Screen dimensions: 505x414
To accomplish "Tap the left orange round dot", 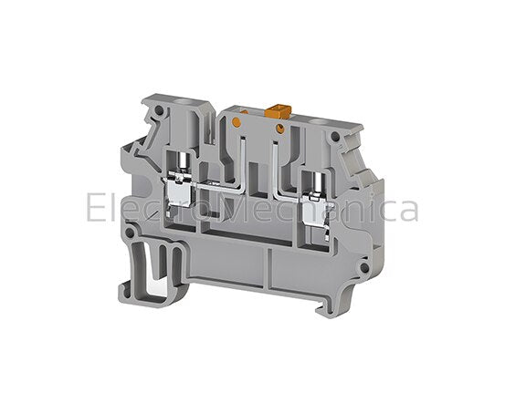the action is point(237,122).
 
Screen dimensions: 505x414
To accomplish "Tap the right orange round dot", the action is point(279,129).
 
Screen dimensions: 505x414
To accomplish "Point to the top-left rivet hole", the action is point(159,110).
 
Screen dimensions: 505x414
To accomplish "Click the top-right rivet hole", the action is point(335,137).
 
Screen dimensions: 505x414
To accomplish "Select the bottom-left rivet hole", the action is point(130,233).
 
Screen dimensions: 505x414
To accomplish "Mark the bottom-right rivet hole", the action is point(364,267).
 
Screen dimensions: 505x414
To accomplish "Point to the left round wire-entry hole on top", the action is point(187,103).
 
